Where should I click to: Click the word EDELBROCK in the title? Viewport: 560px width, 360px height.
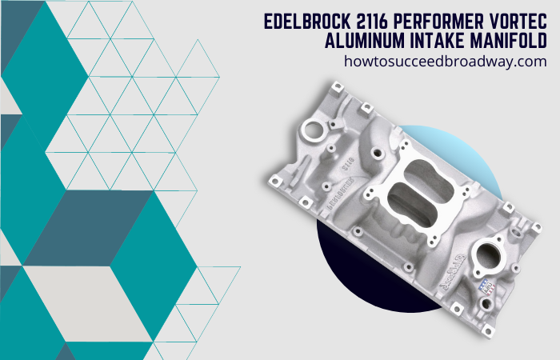pos(307,22)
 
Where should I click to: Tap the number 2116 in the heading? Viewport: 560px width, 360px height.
pos(372,22)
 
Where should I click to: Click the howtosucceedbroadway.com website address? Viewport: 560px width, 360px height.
pos(446,61)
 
